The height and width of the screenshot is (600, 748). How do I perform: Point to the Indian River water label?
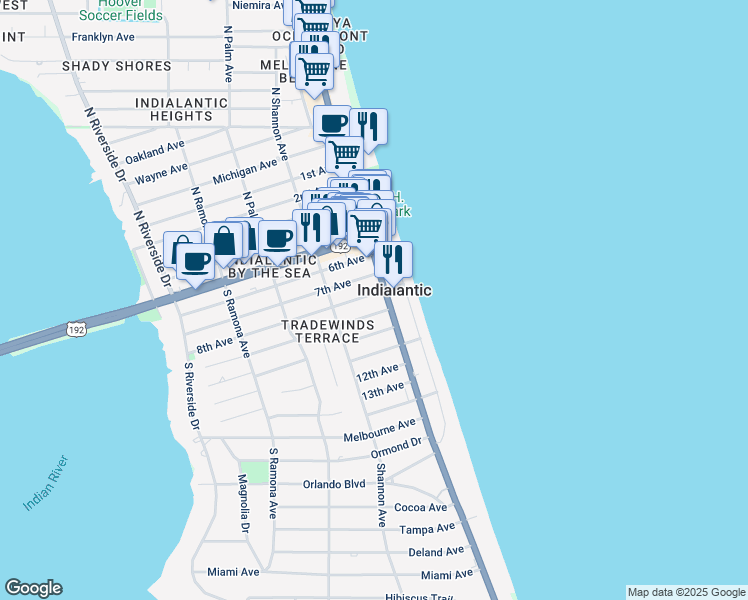(46, 483)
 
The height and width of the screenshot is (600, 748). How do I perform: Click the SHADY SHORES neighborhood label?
(116, 66)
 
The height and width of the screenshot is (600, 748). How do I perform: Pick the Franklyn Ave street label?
(103, 37)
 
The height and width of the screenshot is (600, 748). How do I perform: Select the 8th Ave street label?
(214, 346)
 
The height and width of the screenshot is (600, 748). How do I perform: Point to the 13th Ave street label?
(382, 390)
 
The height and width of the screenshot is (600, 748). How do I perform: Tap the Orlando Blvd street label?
(334, 484)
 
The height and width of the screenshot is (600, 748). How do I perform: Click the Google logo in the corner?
(33, 588)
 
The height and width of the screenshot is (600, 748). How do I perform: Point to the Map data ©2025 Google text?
(685, 592)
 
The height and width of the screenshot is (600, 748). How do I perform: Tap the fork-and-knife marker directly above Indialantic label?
(393, 259)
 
